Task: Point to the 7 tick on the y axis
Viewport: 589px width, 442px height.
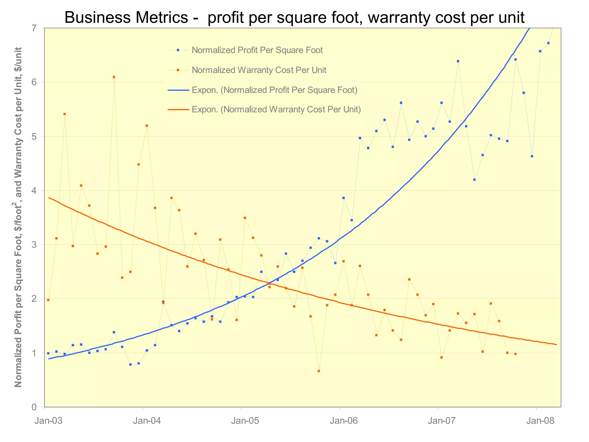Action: (x=34, y=28)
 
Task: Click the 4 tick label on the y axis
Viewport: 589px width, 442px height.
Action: (x=34, y=190)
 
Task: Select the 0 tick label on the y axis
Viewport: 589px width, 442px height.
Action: (x=34, y=407)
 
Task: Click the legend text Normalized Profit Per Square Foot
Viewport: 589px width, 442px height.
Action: (x=257, y=50)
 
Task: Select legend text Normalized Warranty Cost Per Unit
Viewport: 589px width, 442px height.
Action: (x=259, y=70)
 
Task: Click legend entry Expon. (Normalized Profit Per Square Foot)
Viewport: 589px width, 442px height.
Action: (x=274, y=90)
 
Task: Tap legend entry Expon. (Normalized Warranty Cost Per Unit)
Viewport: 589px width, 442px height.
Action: (x=276, y=110)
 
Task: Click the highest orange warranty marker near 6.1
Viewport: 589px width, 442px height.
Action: (x=114, y=77)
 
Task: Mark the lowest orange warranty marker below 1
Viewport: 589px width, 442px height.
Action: (x=319, y=371)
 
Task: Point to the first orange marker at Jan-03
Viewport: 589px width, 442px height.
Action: (x=48, y=300)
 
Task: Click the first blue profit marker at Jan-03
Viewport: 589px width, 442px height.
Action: (x=48, y=353)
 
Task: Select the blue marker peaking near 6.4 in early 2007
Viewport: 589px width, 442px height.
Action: (x=458, y=61)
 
